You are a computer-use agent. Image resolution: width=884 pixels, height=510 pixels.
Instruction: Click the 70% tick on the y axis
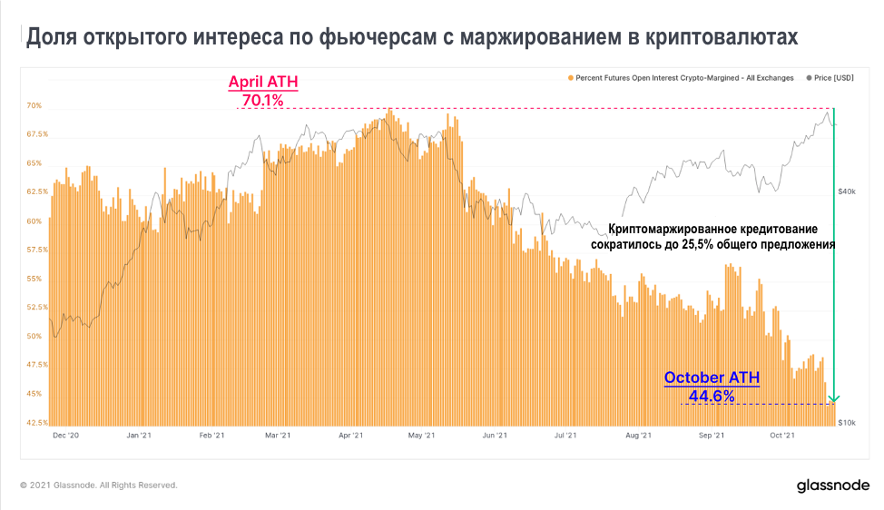34,106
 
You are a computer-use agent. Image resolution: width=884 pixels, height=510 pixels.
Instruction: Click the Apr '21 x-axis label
351,436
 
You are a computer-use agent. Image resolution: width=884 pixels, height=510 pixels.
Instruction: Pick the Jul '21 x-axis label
565,436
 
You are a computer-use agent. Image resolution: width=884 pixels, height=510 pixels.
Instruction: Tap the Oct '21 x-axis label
782,436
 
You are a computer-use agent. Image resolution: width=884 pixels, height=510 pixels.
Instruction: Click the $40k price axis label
847,192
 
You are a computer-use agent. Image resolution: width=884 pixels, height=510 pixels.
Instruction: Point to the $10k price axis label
847,423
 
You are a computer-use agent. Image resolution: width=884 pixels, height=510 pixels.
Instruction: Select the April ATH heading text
263,82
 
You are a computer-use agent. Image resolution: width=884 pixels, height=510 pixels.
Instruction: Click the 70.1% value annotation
263,100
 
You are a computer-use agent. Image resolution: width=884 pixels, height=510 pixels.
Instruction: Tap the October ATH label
712,378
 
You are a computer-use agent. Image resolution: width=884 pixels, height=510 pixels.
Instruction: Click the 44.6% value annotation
712,396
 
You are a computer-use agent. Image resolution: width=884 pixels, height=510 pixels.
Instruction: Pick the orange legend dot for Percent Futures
570,78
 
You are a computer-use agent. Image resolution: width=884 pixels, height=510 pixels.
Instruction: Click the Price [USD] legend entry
830,78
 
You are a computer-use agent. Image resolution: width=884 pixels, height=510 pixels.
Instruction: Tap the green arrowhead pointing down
834,398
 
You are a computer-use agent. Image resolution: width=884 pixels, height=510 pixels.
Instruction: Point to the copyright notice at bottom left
99,485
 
